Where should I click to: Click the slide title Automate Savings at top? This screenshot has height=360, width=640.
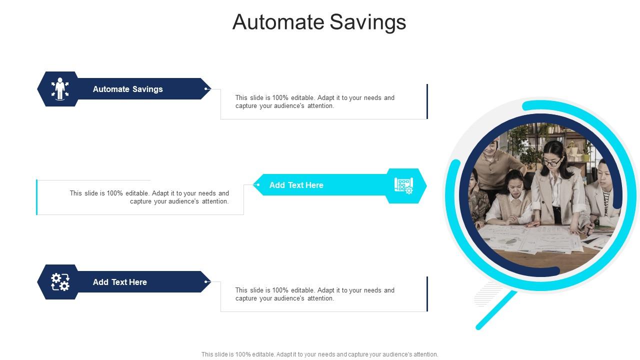pos(319,22)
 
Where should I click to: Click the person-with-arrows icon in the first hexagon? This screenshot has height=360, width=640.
pos(60,88)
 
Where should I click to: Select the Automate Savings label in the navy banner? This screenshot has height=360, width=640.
pos(127,89)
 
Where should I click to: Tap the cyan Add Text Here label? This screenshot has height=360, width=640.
pos(296,185)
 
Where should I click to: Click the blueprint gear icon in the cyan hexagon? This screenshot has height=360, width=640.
pos(403,185)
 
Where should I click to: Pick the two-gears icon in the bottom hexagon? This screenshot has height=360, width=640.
pos(60,282)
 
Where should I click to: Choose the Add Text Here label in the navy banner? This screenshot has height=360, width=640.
pos(119,282)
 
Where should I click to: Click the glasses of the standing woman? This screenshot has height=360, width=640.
pos(551,162)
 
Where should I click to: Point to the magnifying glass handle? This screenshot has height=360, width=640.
pos(496,310)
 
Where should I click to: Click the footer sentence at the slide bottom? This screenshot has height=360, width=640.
pos(319,354)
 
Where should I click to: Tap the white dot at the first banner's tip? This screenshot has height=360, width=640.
pos(206,89)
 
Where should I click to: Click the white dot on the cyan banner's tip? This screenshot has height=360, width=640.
pos(258,185)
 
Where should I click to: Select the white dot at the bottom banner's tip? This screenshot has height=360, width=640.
pos(206,282)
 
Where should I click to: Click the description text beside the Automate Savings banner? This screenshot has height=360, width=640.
pos(314,101)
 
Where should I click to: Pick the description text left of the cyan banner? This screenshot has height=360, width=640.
pos(149,197)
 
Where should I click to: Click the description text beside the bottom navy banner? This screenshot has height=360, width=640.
pos(314,294)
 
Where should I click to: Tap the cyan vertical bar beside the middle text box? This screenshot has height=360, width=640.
pos(37,197)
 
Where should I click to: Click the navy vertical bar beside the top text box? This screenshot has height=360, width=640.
pos(427,101)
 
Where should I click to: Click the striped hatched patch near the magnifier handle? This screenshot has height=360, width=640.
pos(487,294)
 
